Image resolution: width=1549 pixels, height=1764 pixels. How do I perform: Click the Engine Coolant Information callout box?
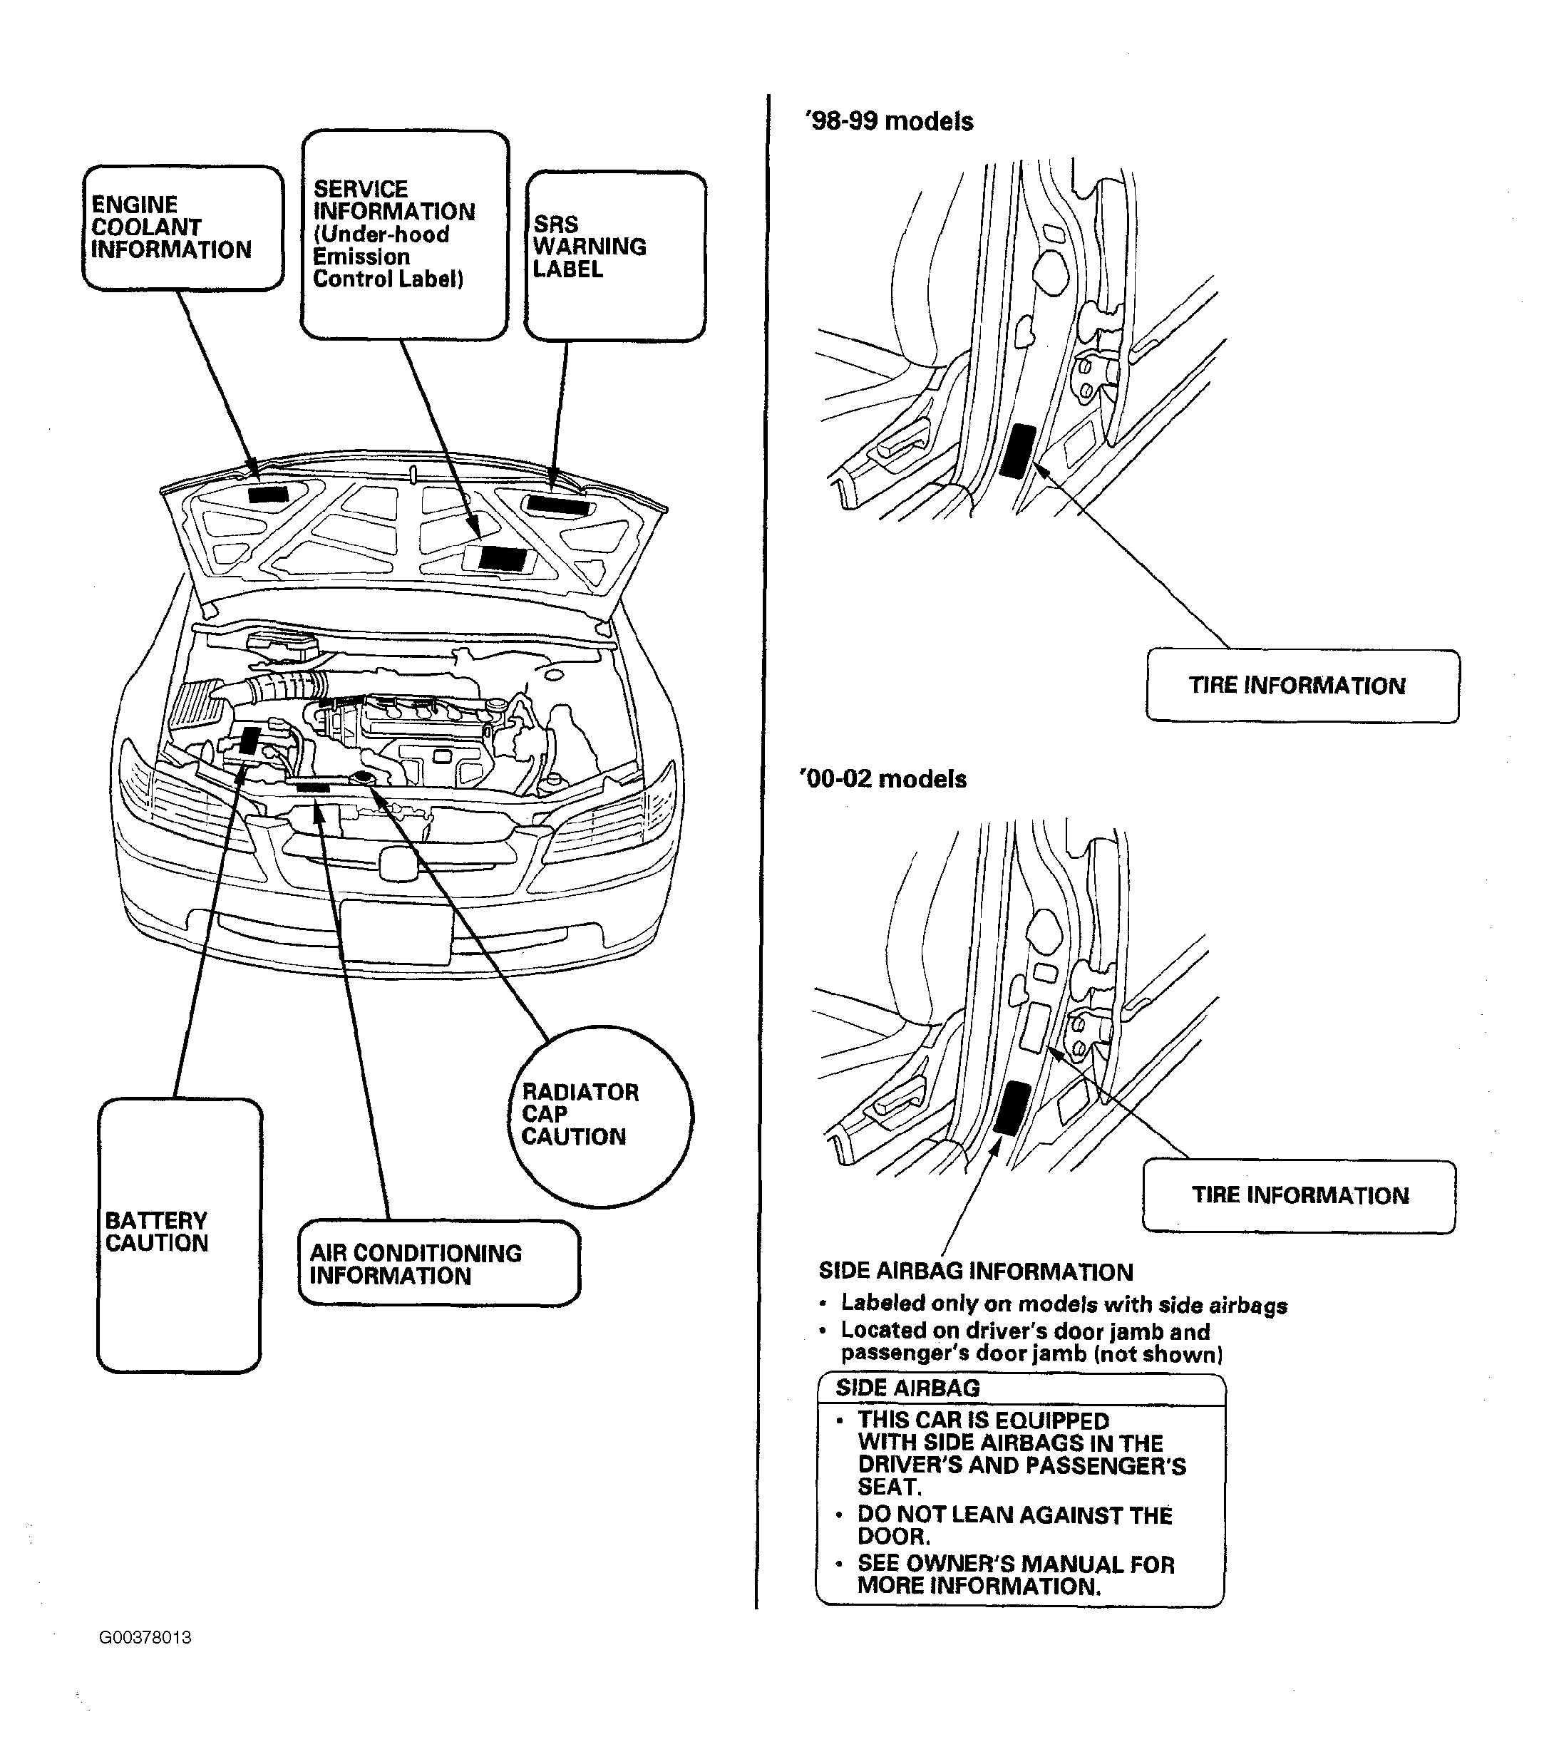point(183,228)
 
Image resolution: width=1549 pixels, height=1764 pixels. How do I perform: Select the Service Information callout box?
point(405,234)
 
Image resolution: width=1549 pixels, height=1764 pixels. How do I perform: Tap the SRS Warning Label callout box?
point(615,255)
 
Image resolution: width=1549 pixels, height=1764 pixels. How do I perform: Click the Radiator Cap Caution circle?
point(602,1116)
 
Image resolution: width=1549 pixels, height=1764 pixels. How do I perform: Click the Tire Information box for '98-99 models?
point(1303,686)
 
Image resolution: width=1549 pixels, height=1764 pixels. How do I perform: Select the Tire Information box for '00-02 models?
point(1300,1195)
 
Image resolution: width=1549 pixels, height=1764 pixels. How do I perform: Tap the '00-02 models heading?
point(884,779)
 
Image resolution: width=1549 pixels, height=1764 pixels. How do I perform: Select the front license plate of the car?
point(396,932)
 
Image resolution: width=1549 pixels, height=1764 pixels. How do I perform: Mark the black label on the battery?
point(250,741)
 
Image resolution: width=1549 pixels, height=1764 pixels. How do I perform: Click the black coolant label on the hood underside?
point(268,495)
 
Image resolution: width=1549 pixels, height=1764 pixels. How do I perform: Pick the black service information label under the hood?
point(503,558)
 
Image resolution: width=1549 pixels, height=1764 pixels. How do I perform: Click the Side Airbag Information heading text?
point(976,1272)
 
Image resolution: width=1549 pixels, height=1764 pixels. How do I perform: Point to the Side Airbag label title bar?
point(1020,1388)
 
